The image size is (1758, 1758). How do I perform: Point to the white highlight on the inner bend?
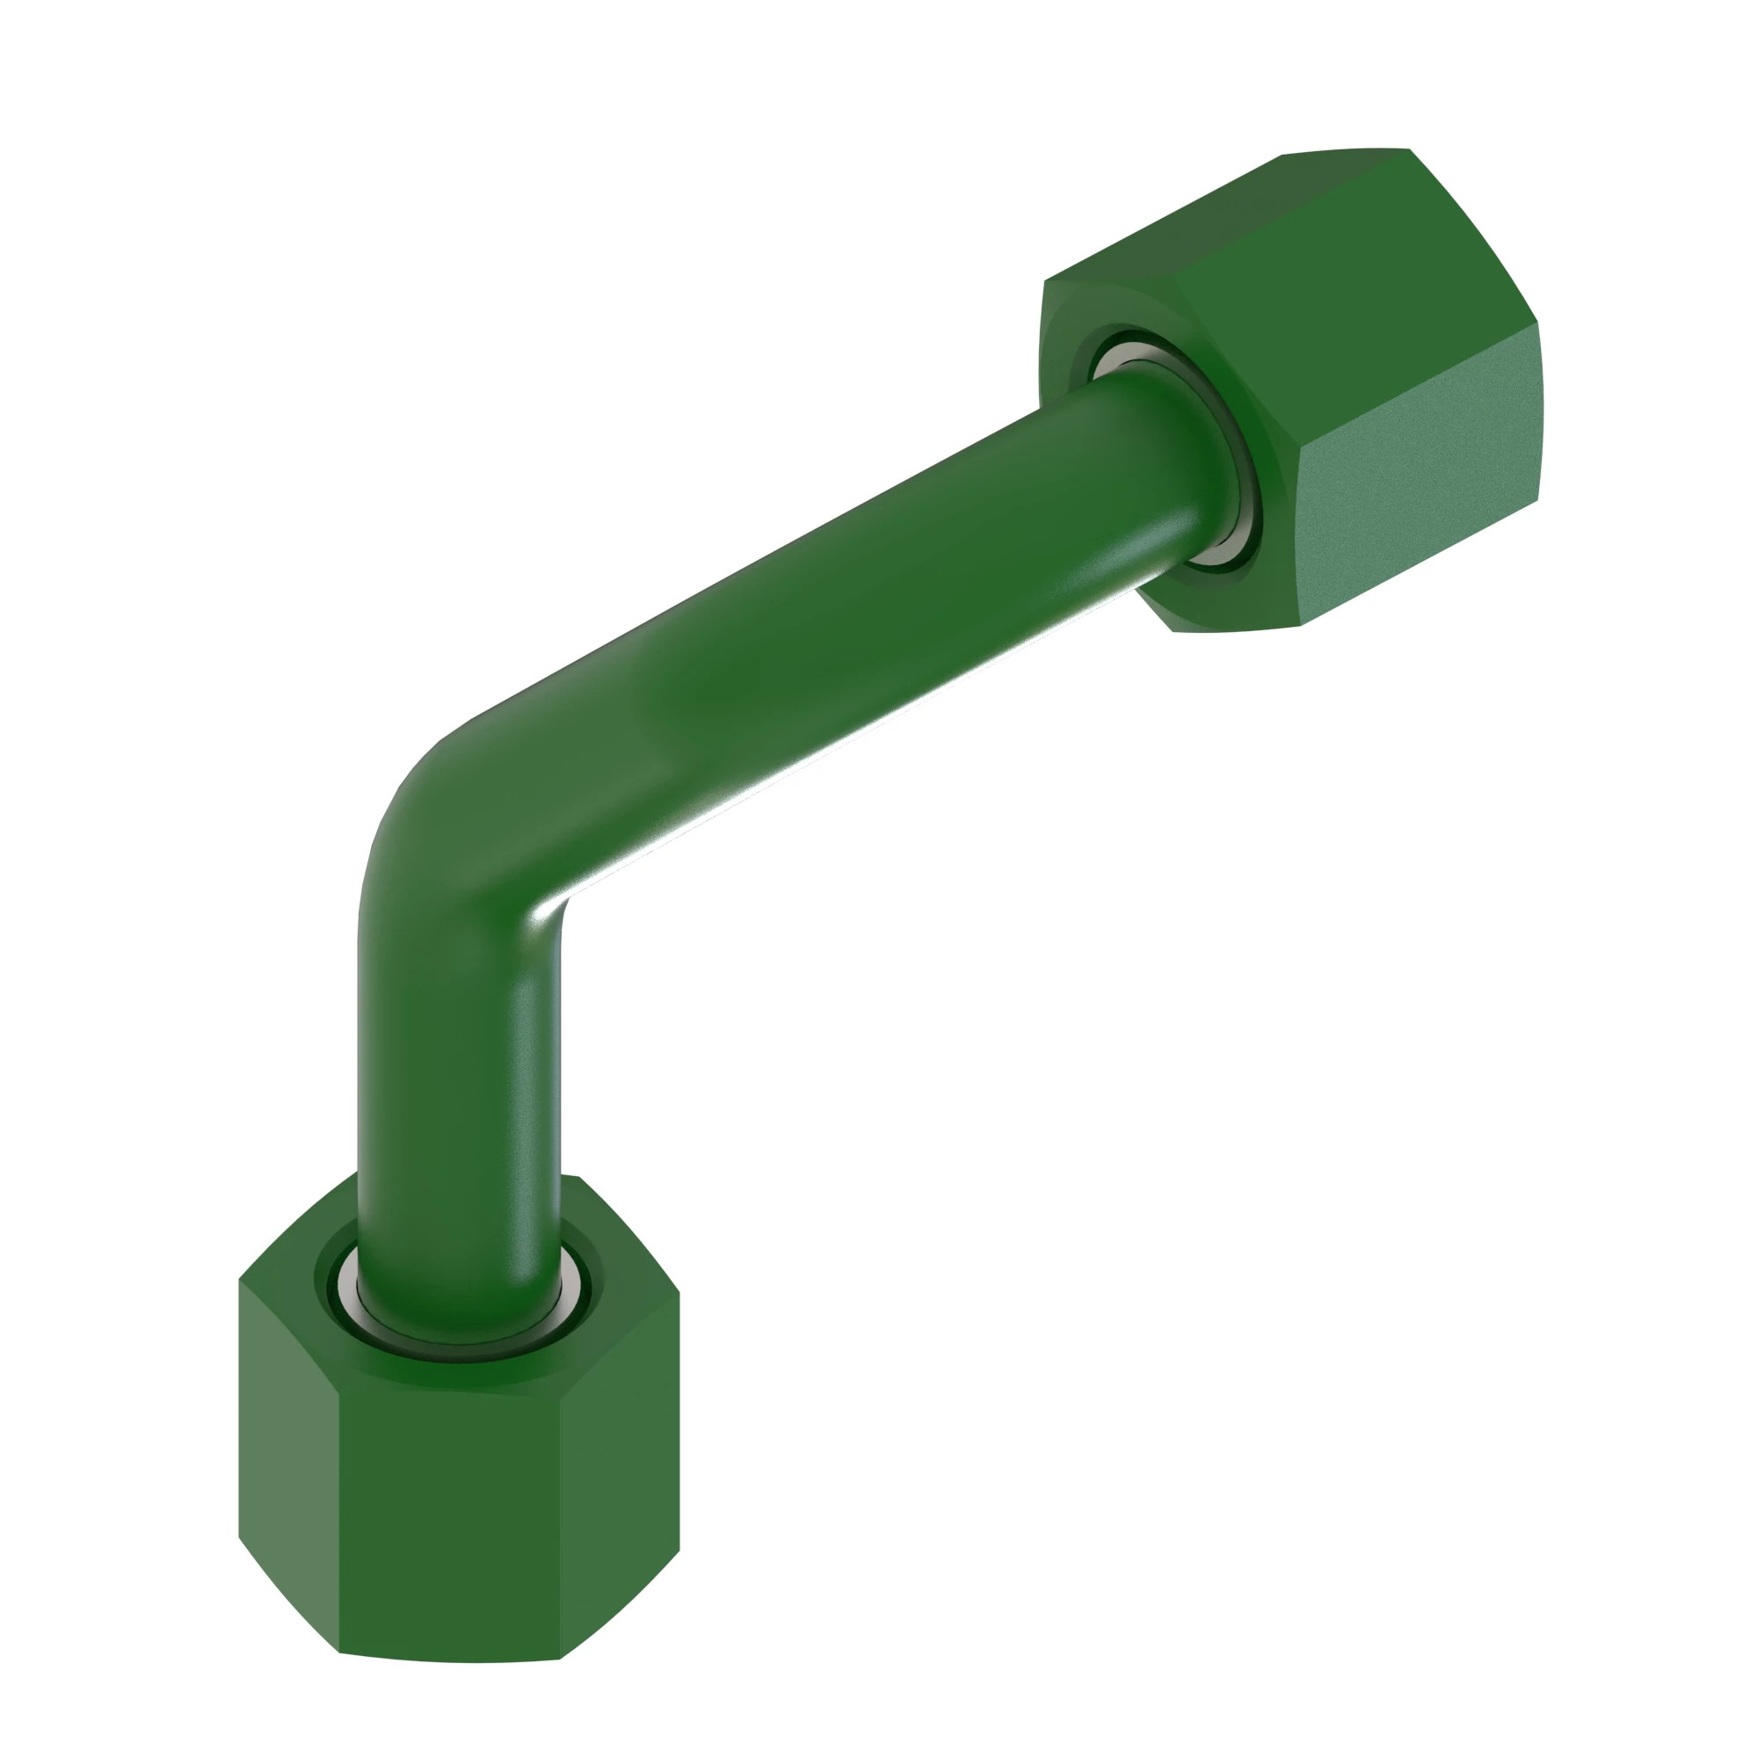tap(555, 910)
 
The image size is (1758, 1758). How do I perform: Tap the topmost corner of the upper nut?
tap(1408, 149)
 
